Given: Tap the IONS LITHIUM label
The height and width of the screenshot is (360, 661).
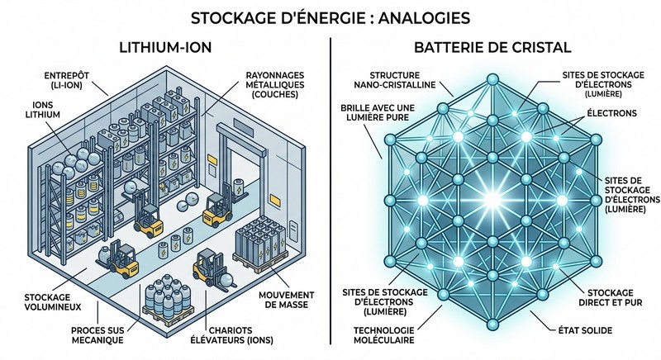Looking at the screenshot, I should pyautogui.click(x=43, y=124).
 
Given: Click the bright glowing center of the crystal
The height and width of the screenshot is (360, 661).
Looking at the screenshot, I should pyautogui.click(x=494, y=199).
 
